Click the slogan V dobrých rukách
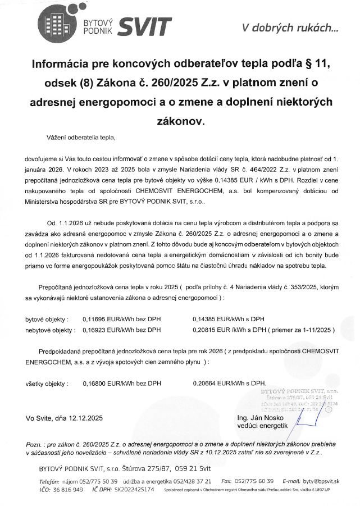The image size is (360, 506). [290, 26]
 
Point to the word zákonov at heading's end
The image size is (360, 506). [180, 120]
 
